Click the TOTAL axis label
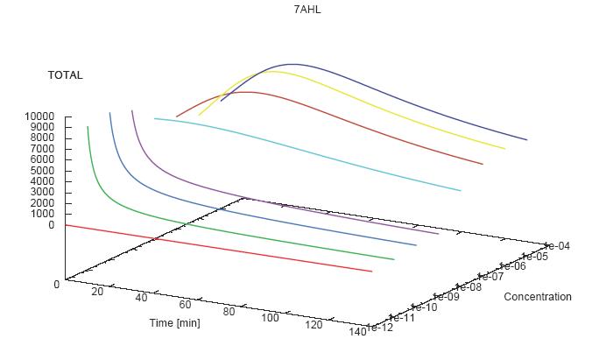coord(66,75)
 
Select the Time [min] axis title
coord(175,323)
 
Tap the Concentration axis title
coord(537,297)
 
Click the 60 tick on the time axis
coord(185,305)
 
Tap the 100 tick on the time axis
coord(270,317)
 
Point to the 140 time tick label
coord(356,330)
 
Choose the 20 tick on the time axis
coord(97,292)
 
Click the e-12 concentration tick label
coord(381,328)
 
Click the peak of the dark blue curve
coord(292,64)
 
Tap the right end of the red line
coord(372,272)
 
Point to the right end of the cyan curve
coord(461,190)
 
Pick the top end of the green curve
coord(88,127)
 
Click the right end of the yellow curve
coord(504,149)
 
